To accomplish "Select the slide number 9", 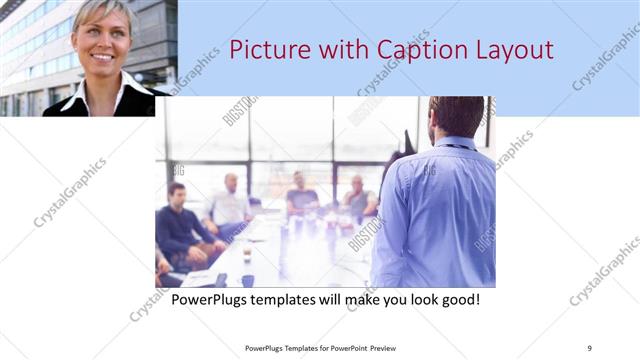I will pyautogui.click(x=589, y=347).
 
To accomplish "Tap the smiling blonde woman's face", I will pyautogui.click(x=102, y=40).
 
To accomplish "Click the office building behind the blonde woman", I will pyautogui.click(x=30, y=50).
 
